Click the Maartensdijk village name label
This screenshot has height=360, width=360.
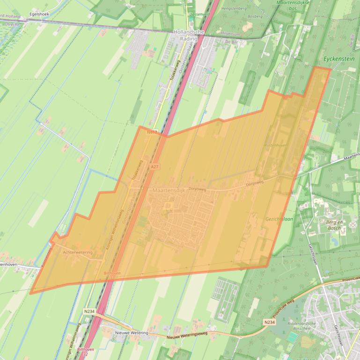(169, 191)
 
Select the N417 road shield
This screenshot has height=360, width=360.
(152, 133)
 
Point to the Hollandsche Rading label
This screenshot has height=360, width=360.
(189, 35)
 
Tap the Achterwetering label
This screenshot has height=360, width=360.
(77, 252)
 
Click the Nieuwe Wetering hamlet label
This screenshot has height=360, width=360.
(132, 333)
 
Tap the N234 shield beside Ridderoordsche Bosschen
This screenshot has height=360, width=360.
(269, 322)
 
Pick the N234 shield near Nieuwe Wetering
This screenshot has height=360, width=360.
(89, 311)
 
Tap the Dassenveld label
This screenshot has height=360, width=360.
(199, 14)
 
